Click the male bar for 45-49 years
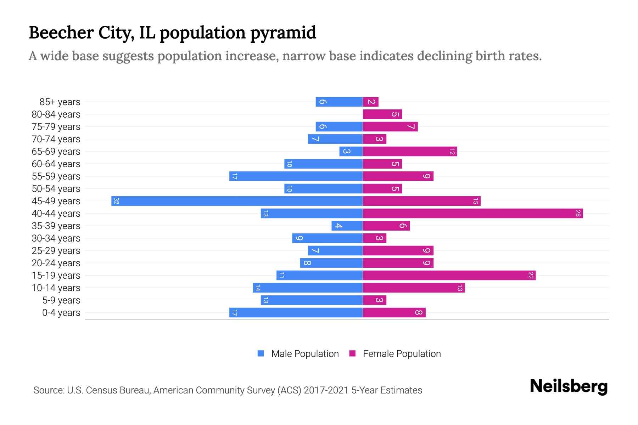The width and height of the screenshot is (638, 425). click(x=237, y=201)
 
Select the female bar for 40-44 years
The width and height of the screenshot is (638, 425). click(x=473, y=213)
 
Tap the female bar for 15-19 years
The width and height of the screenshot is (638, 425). click(x=449, y=275)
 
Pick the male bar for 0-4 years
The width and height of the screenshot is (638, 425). click(x=296, y=312)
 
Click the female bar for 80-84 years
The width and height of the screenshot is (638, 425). click(x=382, y=114)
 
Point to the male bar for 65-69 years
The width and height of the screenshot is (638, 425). click(x=351, y=151)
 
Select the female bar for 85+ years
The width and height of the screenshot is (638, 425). click(x=371, y=102)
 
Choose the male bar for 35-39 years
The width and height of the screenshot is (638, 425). click(x=347, y=226)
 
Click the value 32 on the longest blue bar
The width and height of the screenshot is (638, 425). click(x=116, y=201)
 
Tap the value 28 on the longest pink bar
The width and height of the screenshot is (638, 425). click(x=578, y=213)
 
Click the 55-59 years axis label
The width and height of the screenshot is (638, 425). click(x=56, y=176)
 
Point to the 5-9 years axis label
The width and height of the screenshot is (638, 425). click(x=61, y=300)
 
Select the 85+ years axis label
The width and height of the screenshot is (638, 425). click(x=60, y=102)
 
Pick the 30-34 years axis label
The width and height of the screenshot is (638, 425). click(x=56, y=238)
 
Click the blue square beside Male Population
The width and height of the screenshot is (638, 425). click(x=261, y=353)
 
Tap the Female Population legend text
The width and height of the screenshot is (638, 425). click(x=402, y=353)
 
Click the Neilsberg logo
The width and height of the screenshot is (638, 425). click(x=569, y=386)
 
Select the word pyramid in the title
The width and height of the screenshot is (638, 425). click(x=283, y=33)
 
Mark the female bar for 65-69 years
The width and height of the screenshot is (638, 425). click(x=410, y=151)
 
